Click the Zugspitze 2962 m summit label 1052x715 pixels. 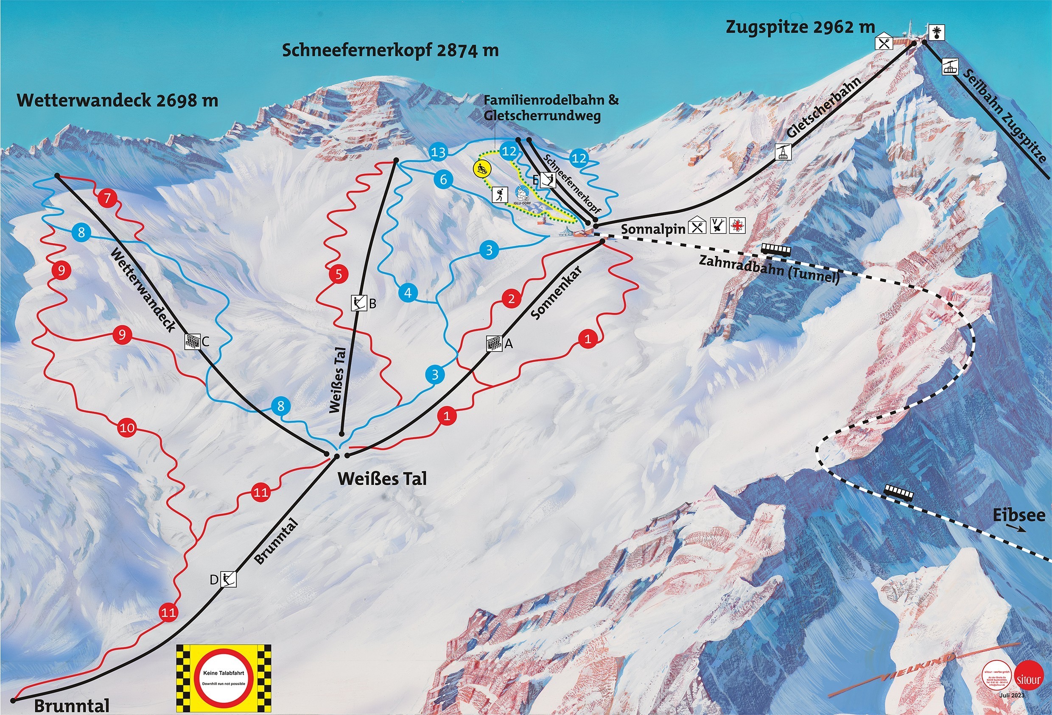click(x=800, y=28)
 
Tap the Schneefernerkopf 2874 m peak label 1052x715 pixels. click(x=390, y=50)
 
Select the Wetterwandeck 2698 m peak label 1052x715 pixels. click(x=117, y=100)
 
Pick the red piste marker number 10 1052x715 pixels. click(x=127, y=427)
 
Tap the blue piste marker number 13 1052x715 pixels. click(x=438, y=153)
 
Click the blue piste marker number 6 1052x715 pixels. click(x=443, y=180)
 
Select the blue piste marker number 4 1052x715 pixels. click(x=408, y=293)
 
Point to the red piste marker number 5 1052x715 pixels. click(x=339, y=275)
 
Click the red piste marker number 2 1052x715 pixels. click(x=512, y=299)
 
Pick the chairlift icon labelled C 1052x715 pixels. click(x=193, y=342)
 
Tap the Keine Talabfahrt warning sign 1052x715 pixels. click(x=224, y=676)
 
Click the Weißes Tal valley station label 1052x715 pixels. click(x=382, y=479)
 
